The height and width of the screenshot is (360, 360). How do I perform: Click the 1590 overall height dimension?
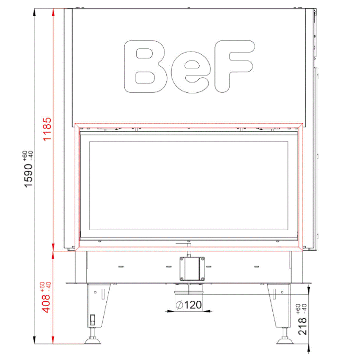click(x=29, y=175)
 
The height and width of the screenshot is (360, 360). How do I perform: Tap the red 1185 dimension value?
click(x=47, y=129)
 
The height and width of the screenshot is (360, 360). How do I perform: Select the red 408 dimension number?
click(x=45, y=304)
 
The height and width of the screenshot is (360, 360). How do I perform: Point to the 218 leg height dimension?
click(x=302, y=326)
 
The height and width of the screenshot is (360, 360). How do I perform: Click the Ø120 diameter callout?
click(x=189, y=305)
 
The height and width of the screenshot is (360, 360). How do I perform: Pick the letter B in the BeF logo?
click(x=146, y=67)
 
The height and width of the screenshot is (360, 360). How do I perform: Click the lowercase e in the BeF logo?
click(x=191, y=72)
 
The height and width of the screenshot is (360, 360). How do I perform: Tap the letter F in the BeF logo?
click(x=234, y=67)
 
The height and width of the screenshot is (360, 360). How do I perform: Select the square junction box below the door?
click(x=192, y=269)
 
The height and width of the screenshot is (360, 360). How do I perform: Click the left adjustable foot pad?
click(x=92, y=340)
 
